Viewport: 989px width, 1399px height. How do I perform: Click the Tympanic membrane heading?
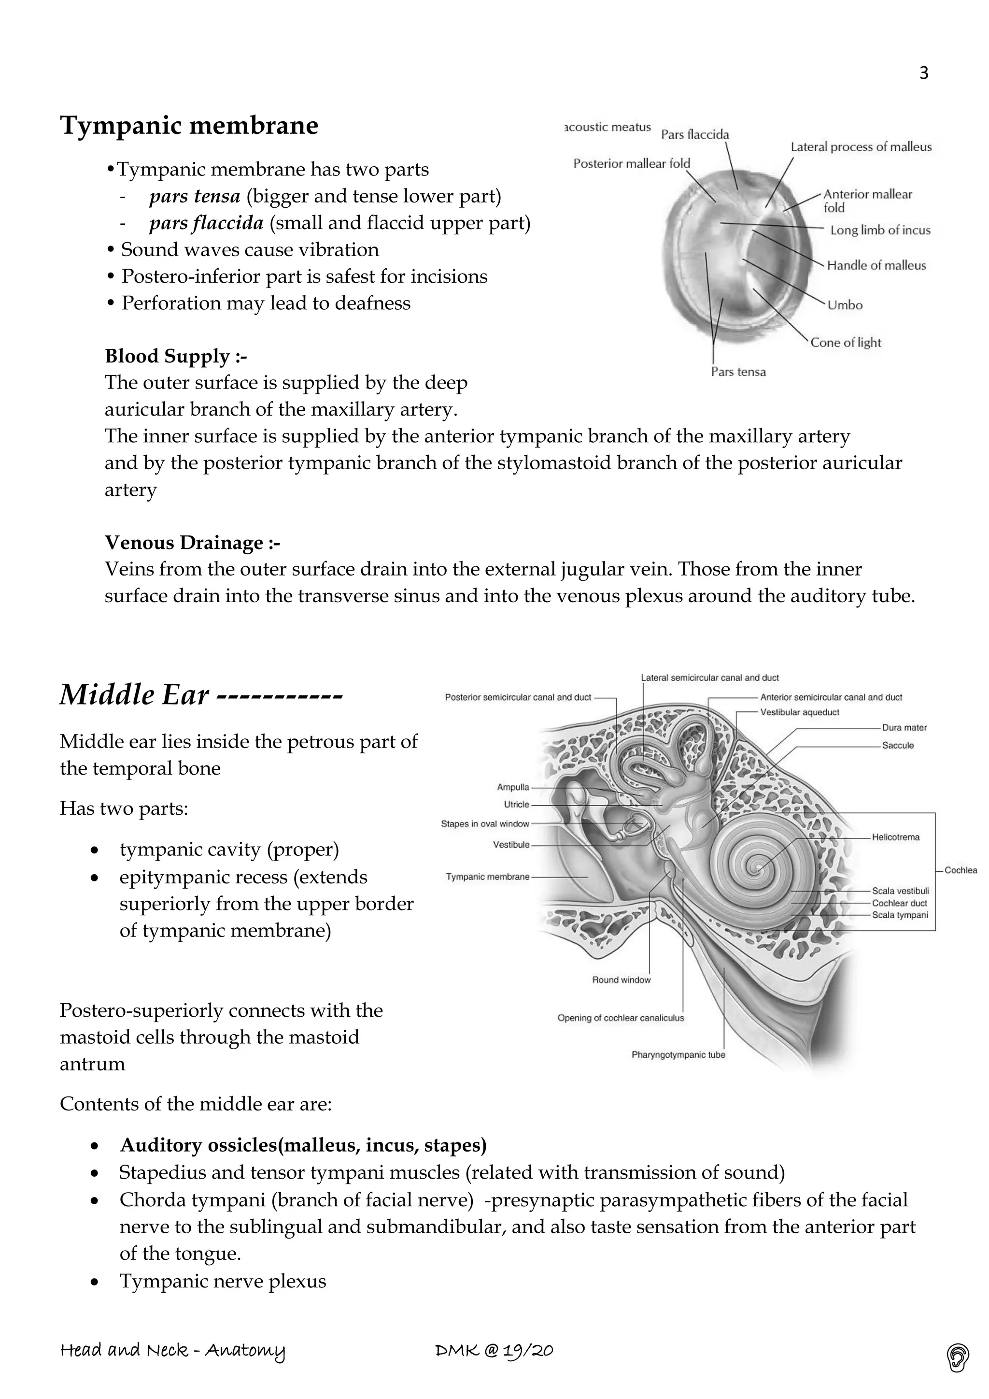[189, 126]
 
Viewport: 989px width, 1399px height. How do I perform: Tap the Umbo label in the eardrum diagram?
[845, 305]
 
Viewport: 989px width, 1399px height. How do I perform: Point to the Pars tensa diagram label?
[738, 372]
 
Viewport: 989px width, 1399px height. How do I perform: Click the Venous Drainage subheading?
[193, 542]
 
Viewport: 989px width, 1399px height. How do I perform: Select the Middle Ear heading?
[201, 694]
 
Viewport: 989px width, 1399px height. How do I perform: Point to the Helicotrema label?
[895, 837]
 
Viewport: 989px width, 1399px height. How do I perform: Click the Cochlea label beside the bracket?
[961, 871]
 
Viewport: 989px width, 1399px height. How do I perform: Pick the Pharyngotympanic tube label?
[678, 1055]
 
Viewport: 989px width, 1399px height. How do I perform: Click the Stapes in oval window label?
[485, 824]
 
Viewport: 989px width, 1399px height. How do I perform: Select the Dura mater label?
[904, 728]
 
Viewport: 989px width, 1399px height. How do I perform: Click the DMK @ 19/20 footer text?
[494, 1351]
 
